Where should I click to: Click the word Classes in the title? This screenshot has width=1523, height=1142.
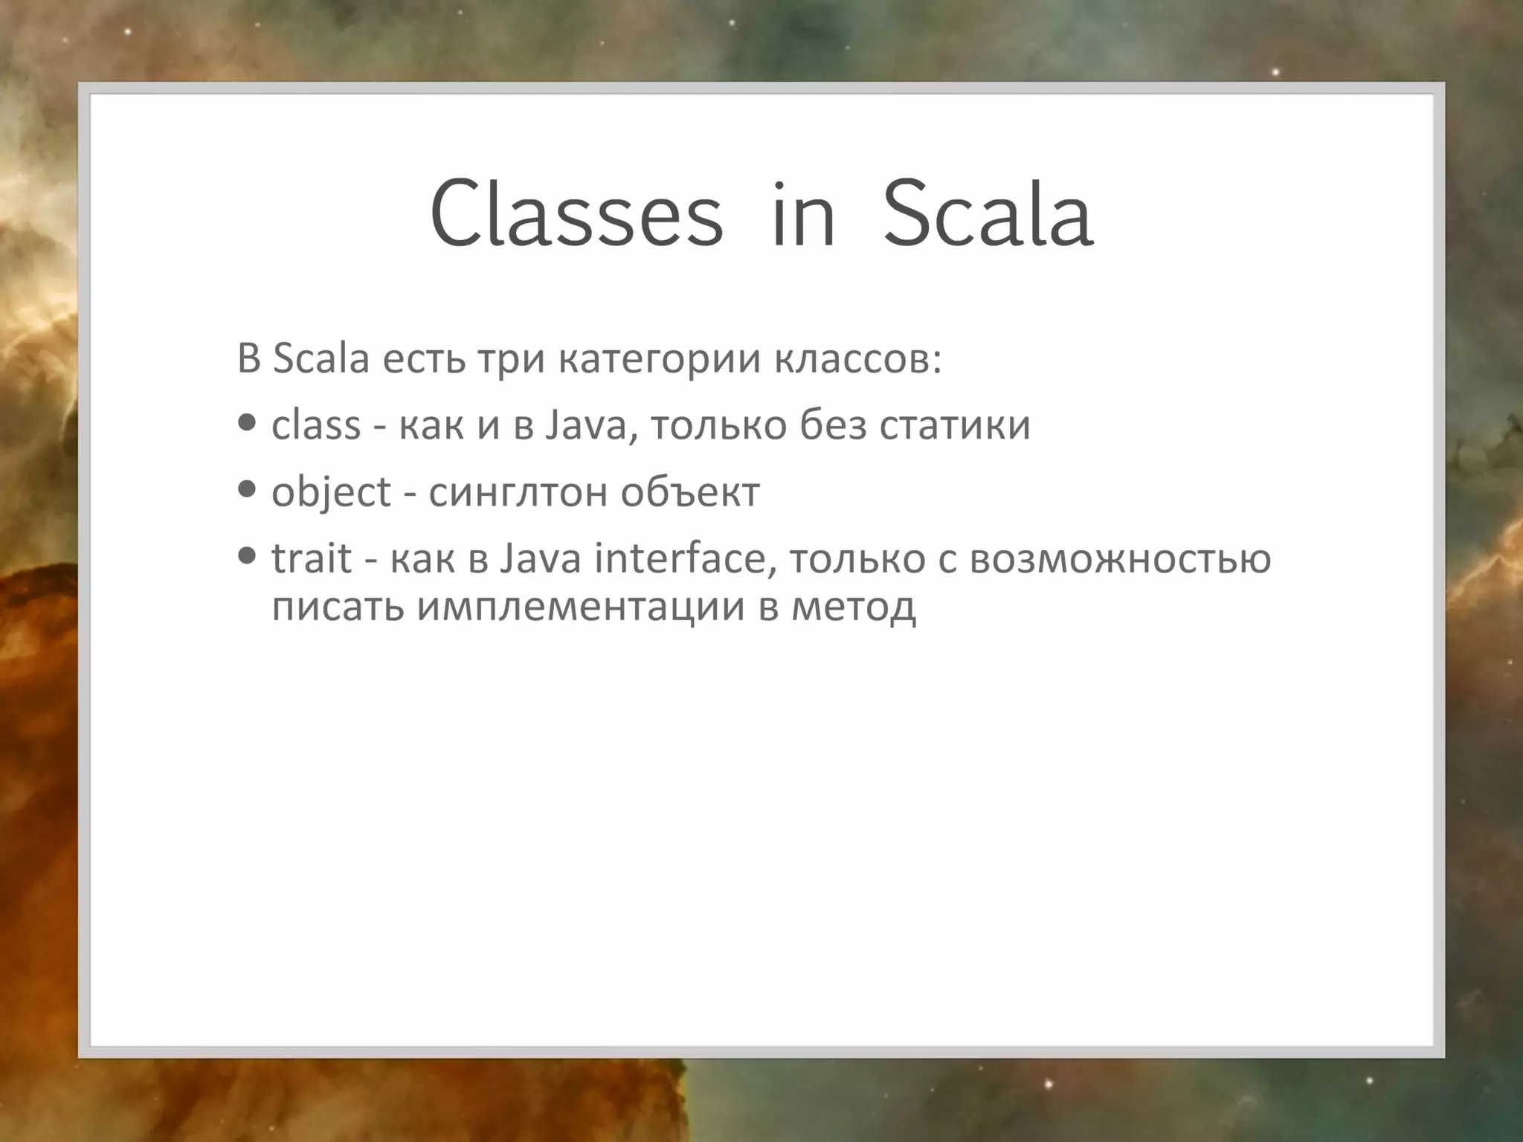[576, 213]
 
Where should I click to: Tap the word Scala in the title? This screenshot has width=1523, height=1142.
[988, 213]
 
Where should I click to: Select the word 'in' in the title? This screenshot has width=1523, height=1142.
[803, 213]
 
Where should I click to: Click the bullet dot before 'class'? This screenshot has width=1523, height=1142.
[248, 423]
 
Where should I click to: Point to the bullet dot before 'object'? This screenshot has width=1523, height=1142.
[248, 489]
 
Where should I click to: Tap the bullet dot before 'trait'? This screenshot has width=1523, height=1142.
[248, 555]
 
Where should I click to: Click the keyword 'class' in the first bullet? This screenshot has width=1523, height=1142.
[316, 425]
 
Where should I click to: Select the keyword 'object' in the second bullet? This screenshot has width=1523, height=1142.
[331, 492]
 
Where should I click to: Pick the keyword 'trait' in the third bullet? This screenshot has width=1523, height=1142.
[311, 558]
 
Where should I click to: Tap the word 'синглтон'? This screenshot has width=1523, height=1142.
[518, 492]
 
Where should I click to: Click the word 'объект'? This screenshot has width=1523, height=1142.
[690, 492]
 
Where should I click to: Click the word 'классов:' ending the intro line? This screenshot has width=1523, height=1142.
[857, 359]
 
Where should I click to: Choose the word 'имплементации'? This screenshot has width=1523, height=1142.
[581, 606]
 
